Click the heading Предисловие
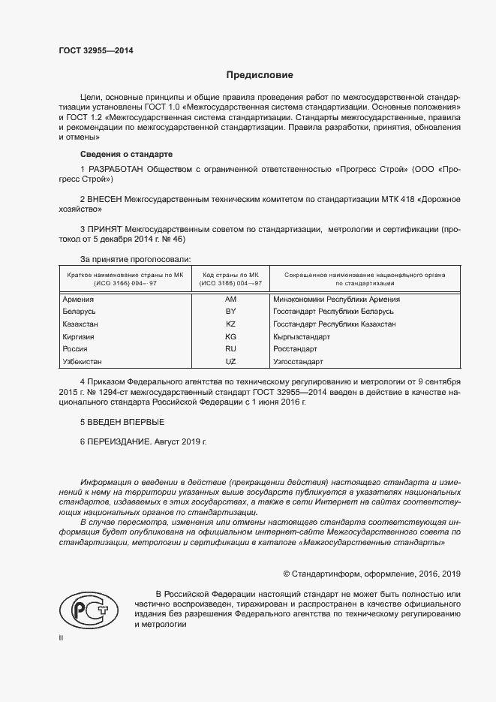[260, 75]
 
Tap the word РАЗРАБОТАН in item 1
[114, 170]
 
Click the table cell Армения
[80, 299]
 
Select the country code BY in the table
[230, 311]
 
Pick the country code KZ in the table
[230, 324]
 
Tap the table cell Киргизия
[80, 336]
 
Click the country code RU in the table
[230, 349]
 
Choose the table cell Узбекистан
[83, 362]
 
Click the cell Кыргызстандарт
[302, 336]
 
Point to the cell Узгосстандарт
[299, 362]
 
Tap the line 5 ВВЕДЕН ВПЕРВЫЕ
[122, 423]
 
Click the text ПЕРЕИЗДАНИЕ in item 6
[119, 443]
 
